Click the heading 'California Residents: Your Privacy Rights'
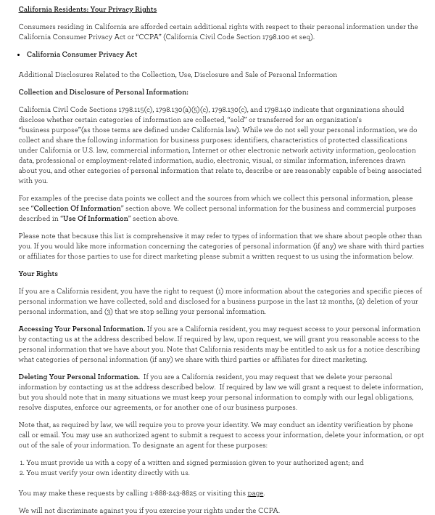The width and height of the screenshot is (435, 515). (87, 9)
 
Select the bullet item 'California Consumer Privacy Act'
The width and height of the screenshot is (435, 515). (82, 54)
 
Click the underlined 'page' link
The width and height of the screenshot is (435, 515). (255, 493)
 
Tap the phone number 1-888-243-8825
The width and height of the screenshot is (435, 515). (173, 493)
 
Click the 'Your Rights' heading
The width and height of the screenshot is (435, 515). (38, 274)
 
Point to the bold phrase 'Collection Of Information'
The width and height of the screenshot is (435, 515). (78, 208)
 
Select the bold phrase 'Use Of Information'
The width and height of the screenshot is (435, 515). (96, 219)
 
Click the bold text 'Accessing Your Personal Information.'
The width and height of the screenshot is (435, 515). (81, 329)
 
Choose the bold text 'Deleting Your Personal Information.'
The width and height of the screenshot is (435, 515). (79, 377)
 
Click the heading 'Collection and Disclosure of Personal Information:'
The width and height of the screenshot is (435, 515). (103, 92)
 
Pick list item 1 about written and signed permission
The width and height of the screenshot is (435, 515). (194, 463)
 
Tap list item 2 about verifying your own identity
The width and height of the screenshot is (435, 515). (107, 473)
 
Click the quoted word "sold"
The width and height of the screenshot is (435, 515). (238, 120)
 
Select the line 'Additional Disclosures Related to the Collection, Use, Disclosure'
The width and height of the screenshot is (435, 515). (178, 75)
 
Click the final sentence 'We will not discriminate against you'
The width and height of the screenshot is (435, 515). (149, 511)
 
